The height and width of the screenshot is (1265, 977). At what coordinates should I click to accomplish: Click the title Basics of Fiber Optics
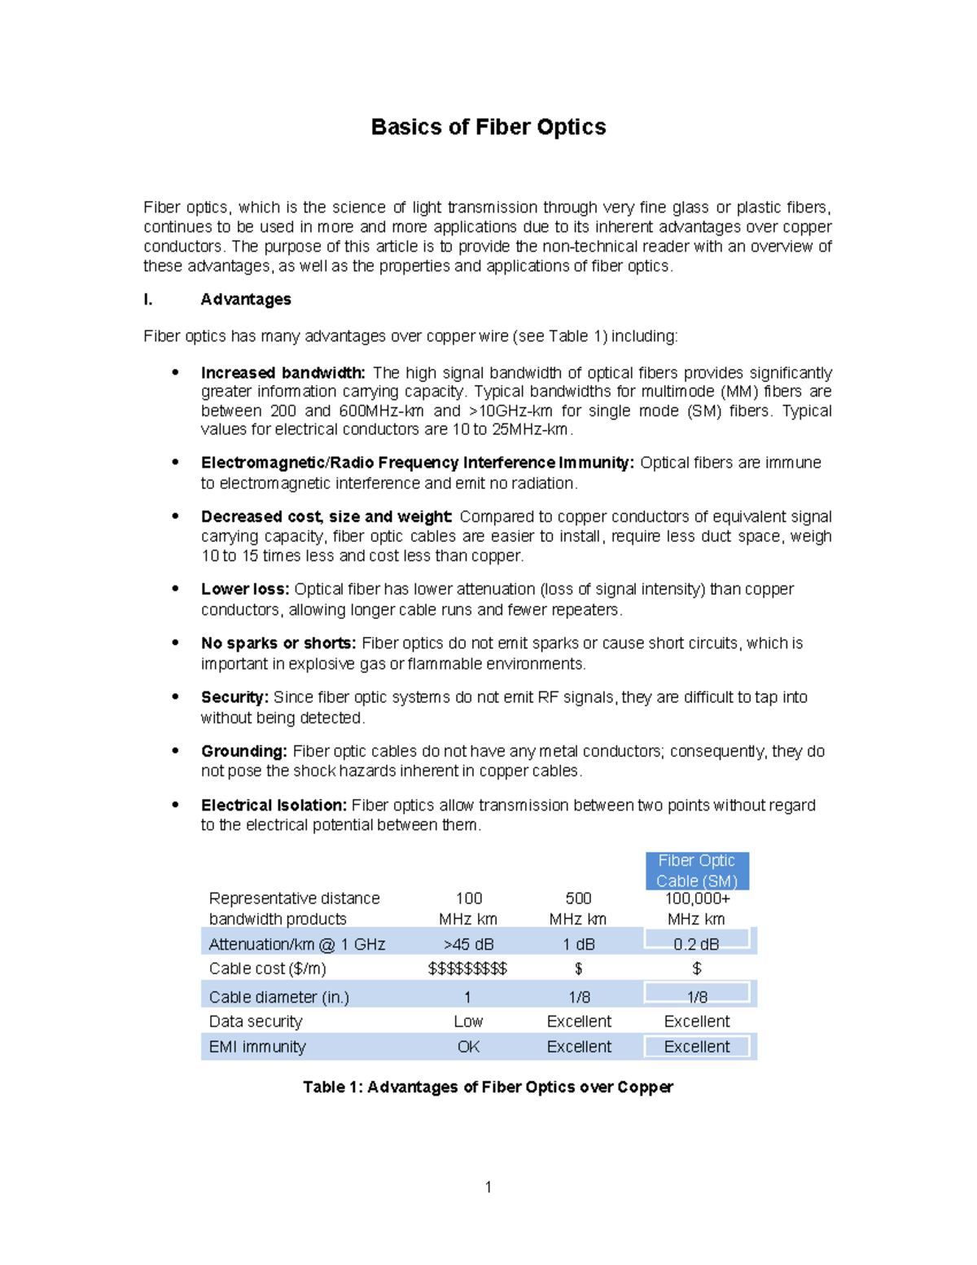coord(488,127)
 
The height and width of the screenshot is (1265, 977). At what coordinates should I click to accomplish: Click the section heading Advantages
coord(245,299)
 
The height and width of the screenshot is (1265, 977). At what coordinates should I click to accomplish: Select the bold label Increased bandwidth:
coord(283,373)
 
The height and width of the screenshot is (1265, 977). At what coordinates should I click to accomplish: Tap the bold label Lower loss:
coord(245,589)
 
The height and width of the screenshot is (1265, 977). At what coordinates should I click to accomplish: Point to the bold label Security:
coord(234,697)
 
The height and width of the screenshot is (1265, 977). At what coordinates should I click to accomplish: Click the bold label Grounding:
coord(243,751)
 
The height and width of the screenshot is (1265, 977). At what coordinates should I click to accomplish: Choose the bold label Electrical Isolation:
coord(274,805)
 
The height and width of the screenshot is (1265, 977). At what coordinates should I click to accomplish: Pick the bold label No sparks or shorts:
coord(278,643)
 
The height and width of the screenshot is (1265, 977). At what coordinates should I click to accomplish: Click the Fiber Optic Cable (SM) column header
coord(697,871)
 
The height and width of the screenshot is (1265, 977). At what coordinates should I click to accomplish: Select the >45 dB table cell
coord(468,944)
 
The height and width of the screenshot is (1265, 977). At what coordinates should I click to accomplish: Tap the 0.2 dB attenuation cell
coord(696,944)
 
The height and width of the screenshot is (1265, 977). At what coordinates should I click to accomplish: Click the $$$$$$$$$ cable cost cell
coord(467,969)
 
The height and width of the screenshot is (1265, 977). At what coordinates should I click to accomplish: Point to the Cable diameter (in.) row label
coord(278,997)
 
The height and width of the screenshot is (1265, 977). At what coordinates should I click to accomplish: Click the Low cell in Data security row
coord(468,1021)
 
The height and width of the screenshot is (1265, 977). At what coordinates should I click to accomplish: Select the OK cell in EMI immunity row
coord(468,1047)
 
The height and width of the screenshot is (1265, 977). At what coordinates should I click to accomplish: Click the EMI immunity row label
coord(257,1047)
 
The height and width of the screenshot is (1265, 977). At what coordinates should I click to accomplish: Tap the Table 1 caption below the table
coord(488,1087)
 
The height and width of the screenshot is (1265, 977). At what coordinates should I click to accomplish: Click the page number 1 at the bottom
coord(488,1187)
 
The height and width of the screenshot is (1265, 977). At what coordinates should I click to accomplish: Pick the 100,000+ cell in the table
coord(697,898)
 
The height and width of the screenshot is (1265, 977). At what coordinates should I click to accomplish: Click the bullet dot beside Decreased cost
coord(175,516)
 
